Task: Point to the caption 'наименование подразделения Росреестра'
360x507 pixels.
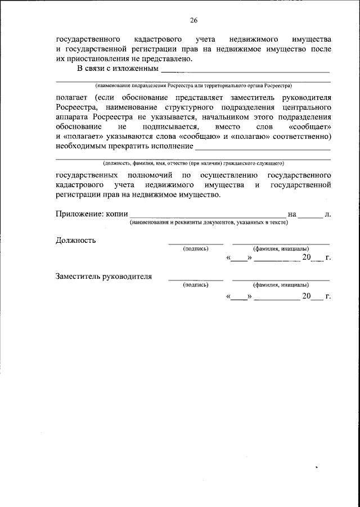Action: click(193, 86)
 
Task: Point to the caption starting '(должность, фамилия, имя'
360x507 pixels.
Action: click(193, 164)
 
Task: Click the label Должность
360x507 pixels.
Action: click(75, 241)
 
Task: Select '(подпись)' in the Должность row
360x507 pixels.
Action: click(196, 248)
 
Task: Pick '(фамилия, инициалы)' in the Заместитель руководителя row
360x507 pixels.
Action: click(280, 284)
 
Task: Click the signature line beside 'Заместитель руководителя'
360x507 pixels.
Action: click(196, 279)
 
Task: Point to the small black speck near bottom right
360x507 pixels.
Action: click(317, 466)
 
